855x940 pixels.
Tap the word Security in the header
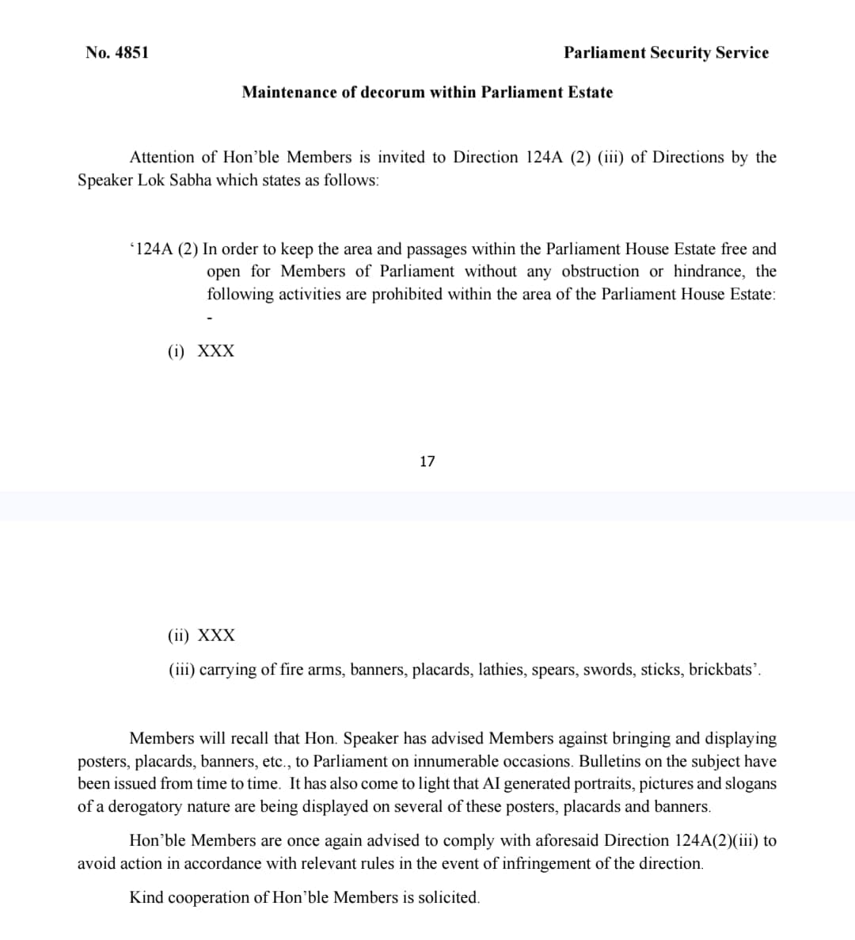click(x=680, y=53)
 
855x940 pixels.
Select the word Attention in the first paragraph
click(x=162, y=158)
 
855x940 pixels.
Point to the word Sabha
click(x=191, y=181)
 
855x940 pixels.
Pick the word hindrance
click(x=709, y=272)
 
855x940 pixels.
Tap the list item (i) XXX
click(x=201, y=352)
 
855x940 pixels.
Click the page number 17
click(x=427, y=462)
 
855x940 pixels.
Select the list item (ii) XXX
click(x=202, y=636)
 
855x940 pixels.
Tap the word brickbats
click(x=719, y=670)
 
